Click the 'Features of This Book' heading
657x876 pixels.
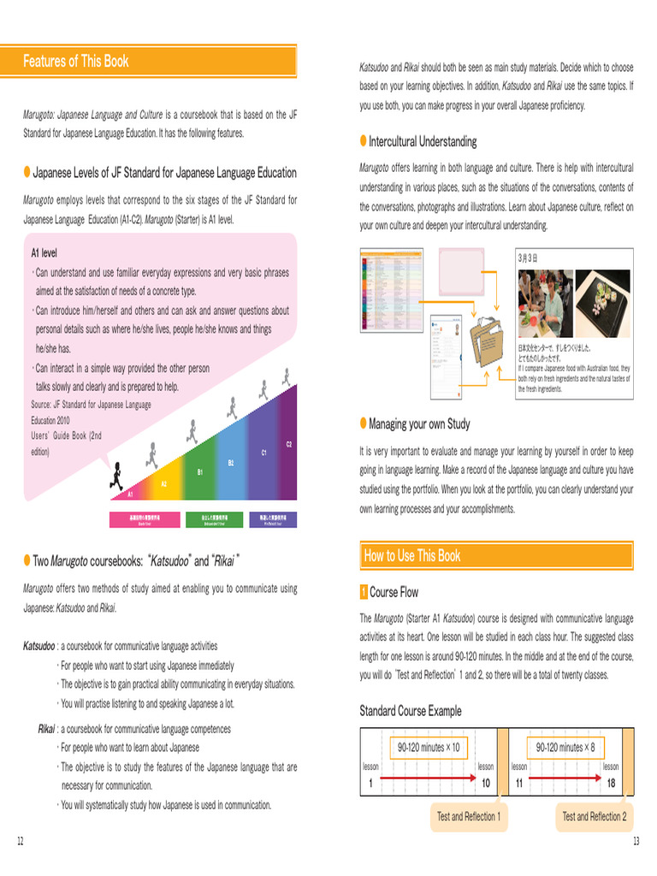(x=76, y=61)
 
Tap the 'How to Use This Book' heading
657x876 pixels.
(x=412, y=556)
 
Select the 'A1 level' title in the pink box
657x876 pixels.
(x=44, y=253)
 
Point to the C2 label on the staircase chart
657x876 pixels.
(x=289, y=444)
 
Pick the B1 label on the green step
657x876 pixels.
(x=200, y=472)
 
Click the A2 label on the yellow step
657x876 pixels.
(x=164, y=483)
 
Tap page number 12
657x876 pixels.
(x=20, y=842)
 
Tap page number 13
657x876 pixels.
(x=636, y=842)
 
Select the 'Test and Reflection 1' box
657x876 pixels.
(x=469, y=817)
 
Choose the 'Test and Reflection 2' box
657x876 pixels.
(x=594, y=817)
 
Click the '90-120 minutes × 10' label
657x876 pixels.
(x=429, y=747)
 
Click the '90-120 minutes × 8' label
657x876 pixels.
(x=565, y=747)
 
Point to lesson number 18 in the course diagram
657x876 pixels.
(x=611, y=784)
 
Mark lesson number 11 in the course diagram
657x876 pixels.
(x=519, y=784)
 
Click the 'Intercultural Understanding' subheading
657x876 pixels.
(x=423, y=141)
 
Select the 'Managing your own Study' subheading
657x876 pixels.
(x=419, y=423)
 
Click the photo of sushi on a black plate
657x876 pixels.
(x=602, y=304)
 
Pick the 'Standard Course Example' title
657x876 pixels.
(x=410, y=711)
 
